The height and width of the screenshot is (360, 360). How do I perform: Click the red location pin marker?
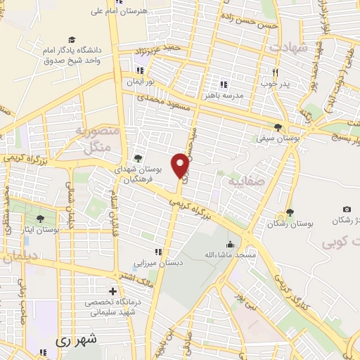pyautogui.click(x=181, y=165)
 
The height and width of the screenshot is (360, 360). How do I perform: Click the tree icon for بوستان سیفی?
pyautogui.click(x=279, y=128)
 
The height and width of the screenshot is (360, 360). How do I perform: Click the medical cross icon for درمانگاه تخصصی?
pyautogui.click(x=112, y=290)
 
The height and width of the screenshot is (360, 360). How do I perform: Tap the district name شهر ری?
pyautogui.click(x=78, y=339)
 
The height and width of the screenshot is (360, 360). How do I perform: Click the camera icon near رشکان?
pyautogui.click(x=347, y=209)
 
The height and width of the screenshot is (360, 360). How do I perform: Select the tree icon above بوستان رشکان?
pyautogui.click(x=289, y=212)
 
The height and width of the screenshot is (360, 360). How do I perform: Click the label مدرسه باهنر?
pyautogui.click(x=224, y=94)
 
